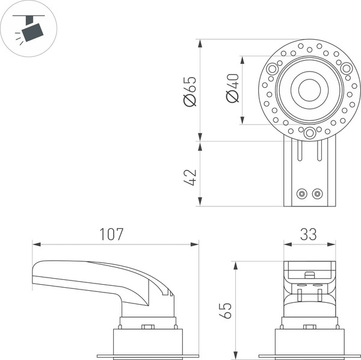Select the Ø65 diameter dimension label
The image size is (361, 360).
(x=190, y=91)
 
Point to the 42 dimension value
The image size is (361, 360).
(x=190, y=177)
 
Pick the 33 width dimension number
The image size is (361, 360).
(x=309, y=234)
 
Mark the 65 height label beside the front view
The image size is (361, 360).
(x=226, y=309)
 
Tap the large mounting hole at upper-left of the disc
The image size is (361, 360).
(x=273, y=69)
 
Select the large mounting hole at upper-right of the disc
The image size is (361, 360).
(x=347, y=69)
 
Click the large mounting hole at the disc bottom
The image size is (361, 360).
(x=309, y=133)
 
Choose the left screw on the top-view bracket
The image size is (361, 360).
(x=302, y=194)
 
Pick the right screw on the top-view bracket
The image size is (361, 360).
(x=317, y=194)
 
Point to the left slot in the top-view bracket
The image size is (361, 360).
(x=297, y=152)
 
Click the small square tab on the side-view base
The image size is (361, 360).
(x=147, y=327)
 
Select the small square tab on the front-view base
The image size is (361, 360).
(x=309, y=327)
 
